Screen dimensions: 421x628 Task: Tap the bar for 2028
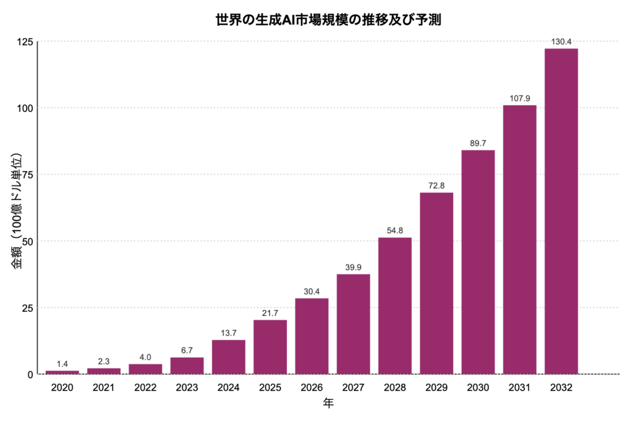(395, 305)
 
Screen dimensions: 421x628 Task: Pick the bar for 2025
(270, 347)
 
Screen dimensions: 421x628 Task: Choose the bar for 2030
(478, 261)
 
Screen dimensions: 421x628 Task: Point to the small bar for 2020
(62, 372)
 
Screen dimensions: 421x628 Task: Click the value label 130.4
(561, 42)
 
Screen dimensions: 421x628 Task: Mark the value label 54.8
(395, 231)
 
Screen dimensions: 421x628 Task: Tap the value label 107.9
(519, 98)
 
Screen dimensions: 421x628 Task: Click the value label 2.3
(104, 361)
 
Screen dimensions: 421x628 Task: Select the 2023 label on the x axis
(186, 388)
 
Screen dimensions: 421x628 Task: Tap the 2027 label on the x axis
(353, 388)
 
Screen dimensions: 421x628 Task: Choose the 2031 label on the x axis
(519, 388)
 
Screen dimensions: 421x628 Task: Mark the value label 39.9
(353, 267)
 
